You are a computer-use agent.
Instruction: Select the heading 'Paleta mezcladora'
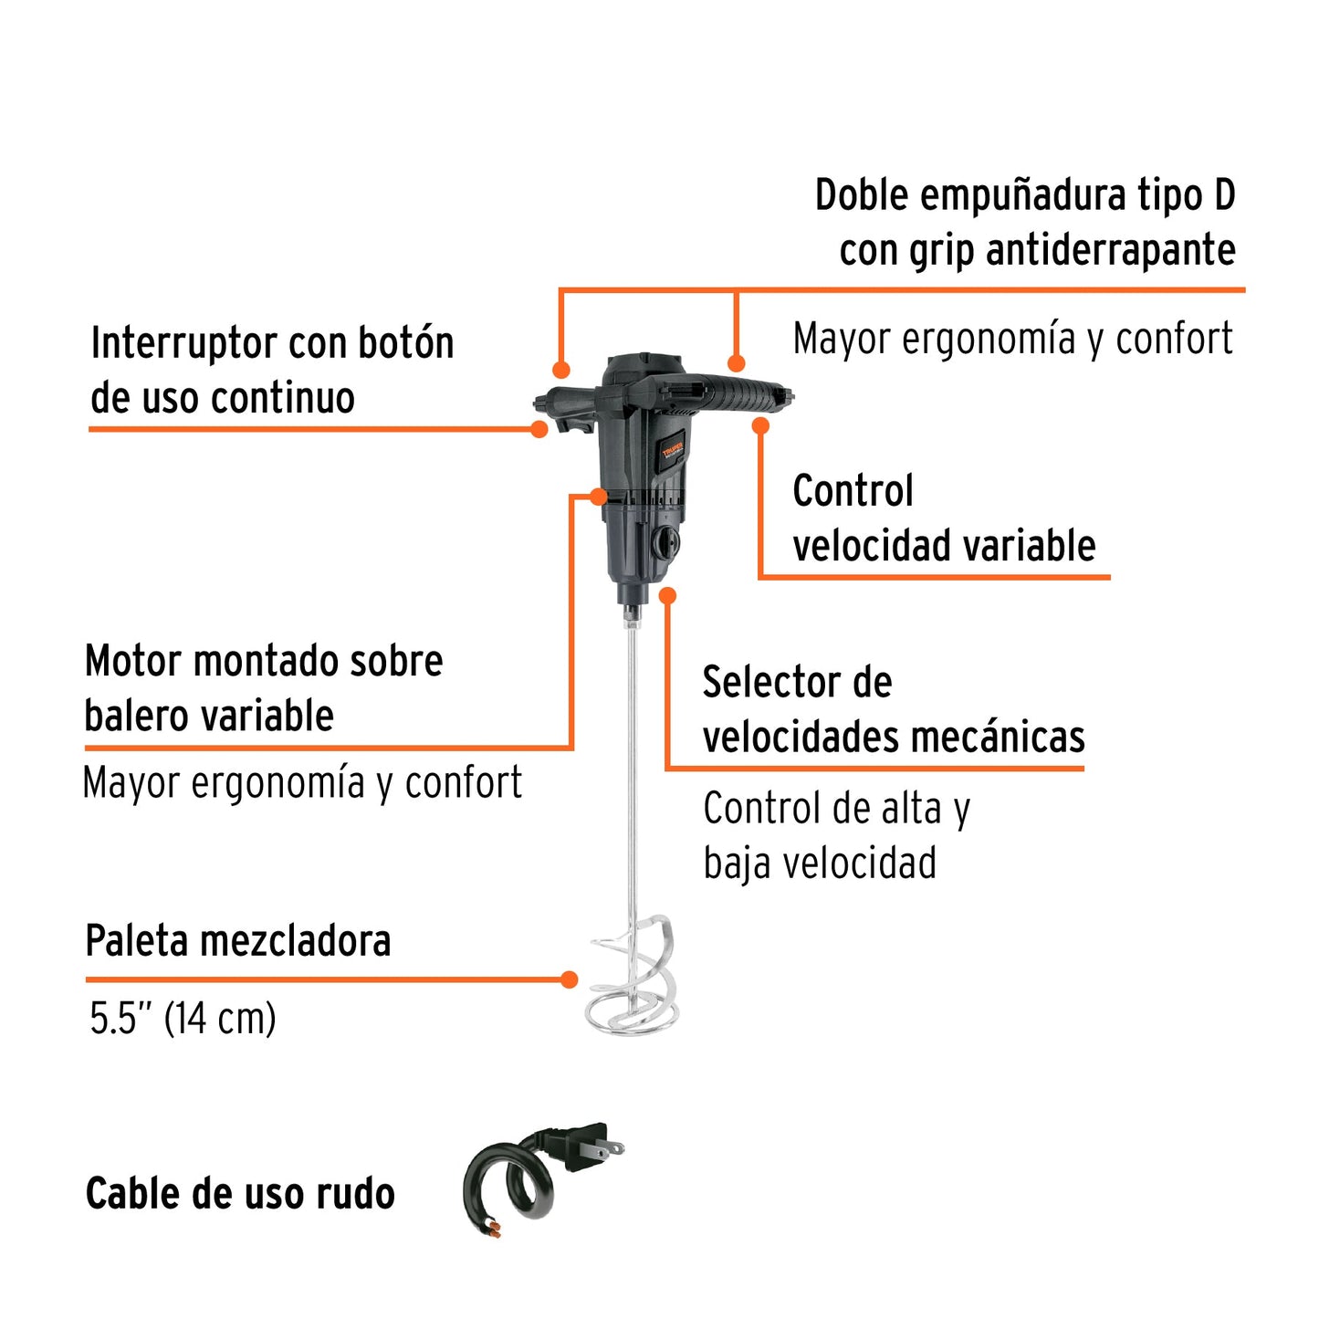pyautogui.click(x=237, y=941)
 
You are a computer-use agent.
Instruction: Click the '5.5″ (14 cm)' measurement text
pyautogui.click(x=183, y=1019)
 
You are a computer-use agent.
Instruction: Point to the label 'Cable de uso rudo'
pyautogui.click(x=240, y=1194)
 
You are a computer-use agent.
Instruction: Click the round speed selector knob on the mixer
pyautogui.click(x=665, y=543)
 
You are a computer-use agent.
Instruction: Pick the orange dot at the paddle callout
pyautogui.click(x=569, y=979)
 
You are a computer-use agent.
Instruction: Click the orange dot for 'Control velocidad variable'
pyautogui.click(x=760, y=425)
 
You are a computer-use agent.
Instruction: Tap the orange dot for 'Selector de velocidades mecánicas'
pyautogui.click(x=668, y=596)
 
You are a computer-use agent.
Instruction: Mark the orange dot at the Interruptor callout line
pyautogui.click(x=539, y=429)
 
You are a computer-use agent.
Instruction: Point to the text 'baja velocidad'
pyautogui.click(x=819, y=864)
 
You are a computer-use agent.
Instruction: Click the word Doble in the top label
pyautogui.click(x=862, y=195)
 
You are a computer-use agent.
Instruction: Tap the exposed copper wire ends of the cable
pyautogui.click(x=493, y=1228)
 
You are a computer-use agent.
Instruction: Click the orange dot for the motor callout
pyautogui.click(x=598, y=496)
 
